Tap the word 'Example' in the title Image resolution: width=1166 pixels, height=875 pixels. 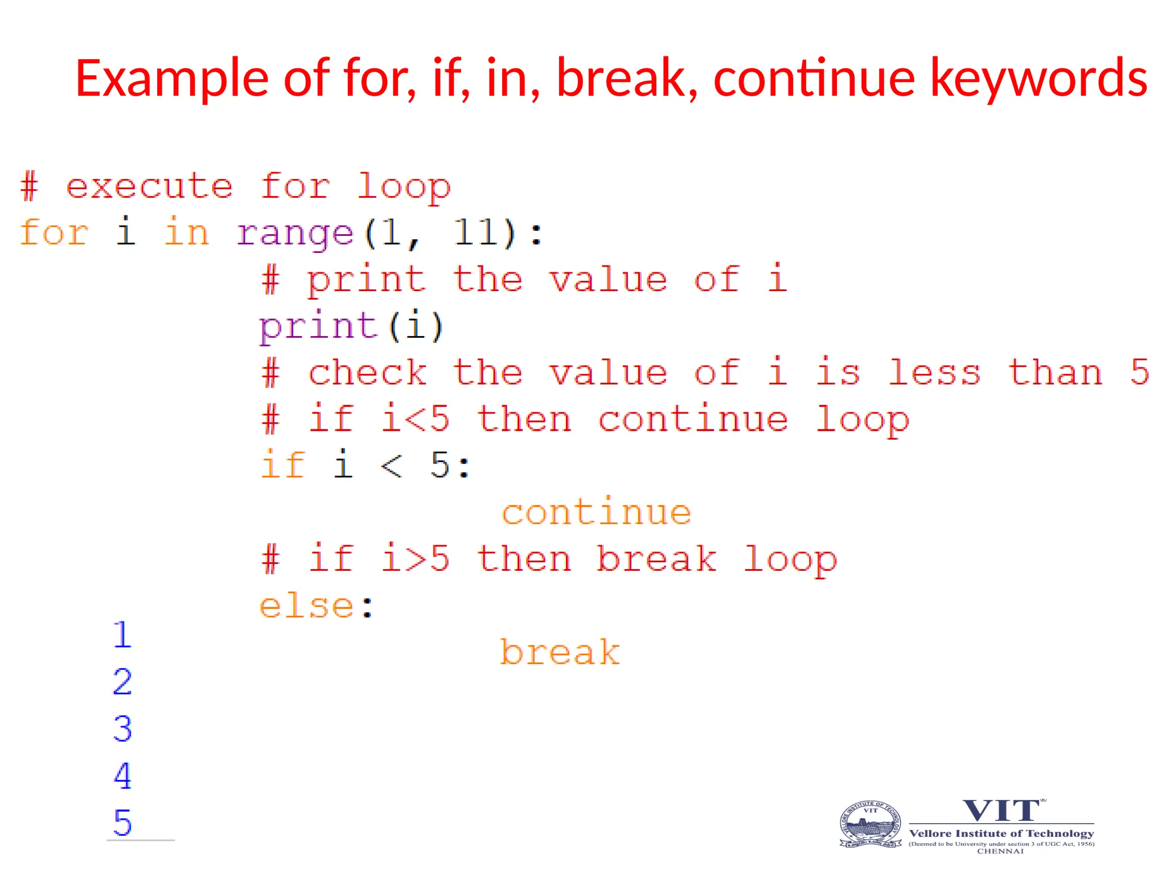tap(171, 79)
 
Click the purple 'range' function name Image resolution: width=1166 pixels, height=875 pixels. tap(295, 234)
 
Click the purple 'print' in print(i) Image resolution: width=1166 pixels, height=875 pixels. tap(318, 326)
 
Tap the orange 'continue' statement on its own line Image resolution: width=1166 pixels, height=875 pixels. tap(596, 512)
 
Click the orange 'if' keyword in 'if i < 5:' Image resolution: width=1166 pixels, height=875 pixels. tap(283, 464)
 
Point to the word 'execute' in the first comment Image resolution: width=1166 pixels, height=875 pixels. tap(149, 186)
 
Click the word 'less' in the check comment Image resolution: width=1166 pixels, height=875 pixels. tap(934, 373)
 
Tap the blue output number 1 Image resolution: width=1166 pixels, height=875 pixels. tap(122, 635)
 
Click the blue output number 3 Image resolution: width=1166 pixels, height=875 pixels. tap(122, 729)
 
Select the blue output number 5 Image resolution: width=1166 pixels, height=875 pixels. tap(122, 823)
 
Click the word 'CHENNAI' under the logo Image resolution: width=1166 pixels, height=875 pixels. tap(1000, 851)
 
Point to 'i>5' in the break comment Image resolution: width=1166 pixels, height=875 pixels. tap(415, 558)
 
